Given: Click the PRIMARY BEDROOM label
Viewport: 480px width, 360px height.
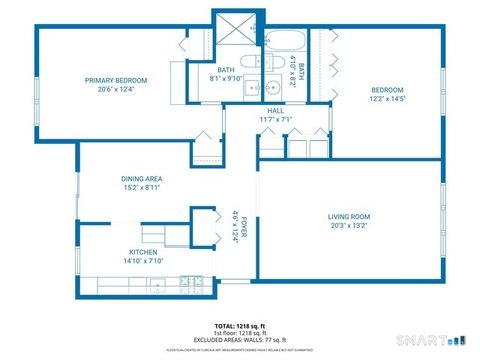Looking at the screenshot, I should tap(116, 80).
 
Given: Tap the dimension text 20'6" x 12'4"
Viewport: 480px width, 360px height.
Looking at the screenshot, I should tap(116, 90).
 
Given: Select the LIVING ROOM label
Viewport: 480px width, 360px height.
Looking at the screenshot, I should tap(349, 217).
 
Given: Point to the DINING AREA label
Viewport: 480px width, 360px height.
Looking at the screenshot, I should tap(141, 178).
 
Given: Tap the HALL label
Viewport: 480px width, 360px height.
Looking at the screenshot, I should tap(275, 111).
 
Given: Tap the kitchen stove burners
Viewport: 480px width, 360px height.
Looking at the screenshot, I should tap(190, 285).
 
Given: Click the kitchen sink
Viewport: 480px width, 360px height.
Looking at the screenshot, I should tap(158, 285).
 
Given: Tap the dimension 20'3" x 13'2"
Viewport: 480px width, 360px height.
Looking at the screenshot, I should tap(349, 227).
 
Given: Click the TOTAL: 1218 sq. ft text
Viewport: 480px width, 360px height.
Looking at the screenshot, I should tap(239, 326).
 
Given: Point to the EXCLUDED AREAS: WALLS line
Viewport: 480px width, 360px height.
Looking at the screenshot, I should tap(239, 342).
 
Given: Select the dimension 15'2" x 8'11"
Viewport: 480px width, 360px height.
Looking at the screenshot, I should tap(141, 187).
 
